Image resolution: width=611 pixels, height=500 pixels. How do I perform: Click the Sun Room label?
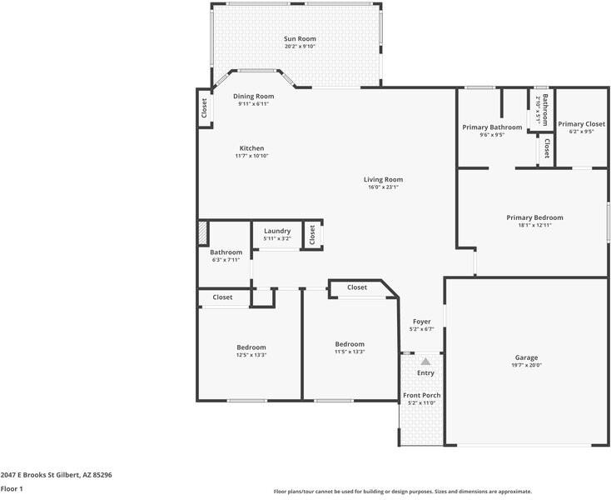tap(300, 38)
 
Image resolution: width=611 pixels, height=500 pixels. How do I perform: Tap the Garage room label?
tap(526, 357)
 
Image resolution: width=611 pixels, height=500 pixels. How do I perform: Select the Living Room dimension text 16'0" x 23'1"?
tap(383, 187)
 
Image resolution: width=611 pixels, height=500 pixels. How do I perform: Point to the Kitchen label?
tap(251, 148)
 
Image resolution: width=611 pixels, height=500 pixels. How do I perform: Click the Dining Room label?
tap(253, 96)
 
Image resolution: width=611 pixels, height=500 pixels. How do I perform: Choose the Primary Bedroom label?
tap(534, 217)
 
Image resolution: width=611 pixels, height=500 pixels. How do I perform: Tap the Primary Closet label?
tap(581, 124)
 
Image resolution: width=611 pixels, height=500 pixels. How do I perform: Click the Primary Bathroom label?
tap(492, 127)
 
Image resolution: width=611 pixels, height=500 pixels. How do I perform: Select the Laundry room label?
tap(277, 231)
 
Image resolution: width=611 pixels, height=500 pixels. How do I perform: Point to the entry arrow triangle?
tap(425, 361)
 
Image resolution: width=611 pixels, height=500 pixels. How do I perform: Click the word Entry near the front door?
tap(425, 372)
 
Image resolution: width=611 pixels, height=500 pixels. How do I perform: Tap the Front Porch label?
tap(422, 395)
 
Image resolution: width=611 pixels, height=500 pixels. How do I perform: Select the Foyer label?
tap(422, 321)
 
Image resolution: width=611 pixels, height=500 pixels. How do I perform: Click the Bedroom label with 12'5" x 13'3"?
tap(251, 347)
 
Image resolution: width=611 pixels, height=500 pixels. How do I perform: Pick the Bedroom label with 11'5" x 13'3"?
tap(350, 344)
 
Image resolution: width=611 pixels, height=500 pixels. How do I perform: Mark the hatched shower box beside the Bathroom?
tap(202, 233)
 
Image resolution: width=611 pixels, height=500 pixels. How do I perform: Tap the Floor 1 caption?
tap(12, 488)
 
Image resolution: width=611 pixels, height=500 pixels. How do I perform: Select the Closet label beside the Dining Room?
tap(204, 108)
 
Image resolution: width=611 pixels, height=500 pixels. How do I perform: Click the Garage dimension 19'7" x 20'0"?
tap(526, 365)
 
